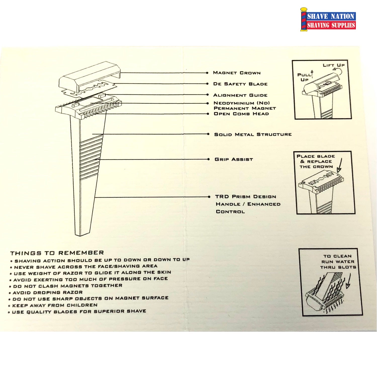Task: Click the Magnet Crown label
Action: click(237, 73)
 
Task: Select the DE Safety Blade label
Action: click(240, 84)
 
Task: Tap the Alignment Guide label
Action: click(240, 95)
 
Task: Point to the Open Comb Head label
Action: click(241, 114)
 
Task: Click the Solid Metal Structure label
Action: click(253, 134)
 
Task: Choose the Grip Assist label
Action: click(234, 159)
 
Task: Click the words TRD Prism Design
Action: click(246, 197)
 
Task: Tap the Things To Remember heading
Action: click(57, 253)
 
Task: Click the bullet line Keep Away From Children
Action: click(55, 305)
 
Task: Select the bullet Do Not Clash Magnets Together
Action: click(66, 286)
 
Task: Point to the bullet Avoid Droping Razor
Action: click(46, 293)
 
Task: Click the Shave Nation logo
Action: click(328, 20)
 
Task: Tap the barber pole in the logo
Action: click(304, 20)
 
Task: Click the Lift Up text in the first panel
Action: click(334, 65)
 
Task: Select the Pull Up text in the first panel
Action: click(304, 77)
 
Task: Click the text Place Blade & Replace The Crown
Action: click(316, 161)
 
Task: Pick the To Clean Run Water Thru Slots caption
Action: click(338, 262)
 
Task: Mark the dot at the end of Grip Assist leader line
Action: click(209, 159)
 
